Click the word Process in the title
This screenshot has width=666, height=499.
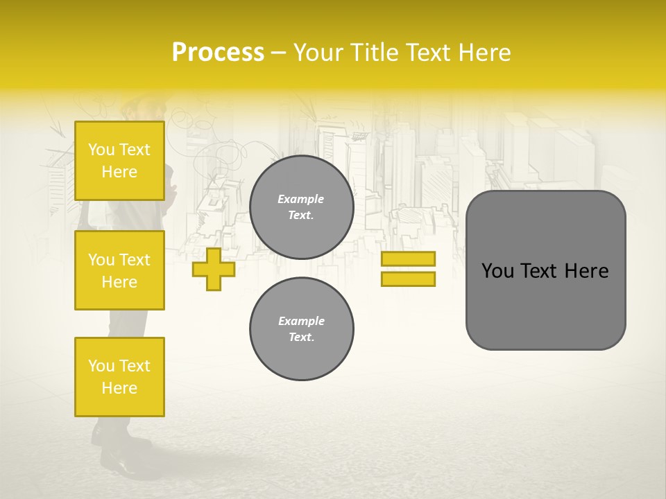tap(218, 52)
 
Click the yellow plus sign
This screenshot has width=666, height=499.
tap(214, 269)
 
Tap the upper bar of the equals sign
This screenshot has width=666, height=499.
tap(408, 259)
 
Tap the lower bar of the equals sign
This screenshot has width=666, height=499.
tap(408, 279)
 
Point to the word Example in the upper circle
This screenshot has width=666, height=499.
tap(300, 199)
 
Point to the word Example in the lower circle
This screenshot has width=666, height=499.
tap(301, 321)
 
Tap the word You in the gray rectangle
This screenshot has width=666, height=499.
tap(497, 271)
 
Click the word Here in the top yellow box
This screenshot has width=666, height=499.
tap(119, 172)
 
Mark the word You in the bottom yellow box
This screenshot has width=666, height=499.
tap(101, 366)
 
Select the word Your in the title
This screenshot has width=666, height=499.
tap(318, 52)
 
